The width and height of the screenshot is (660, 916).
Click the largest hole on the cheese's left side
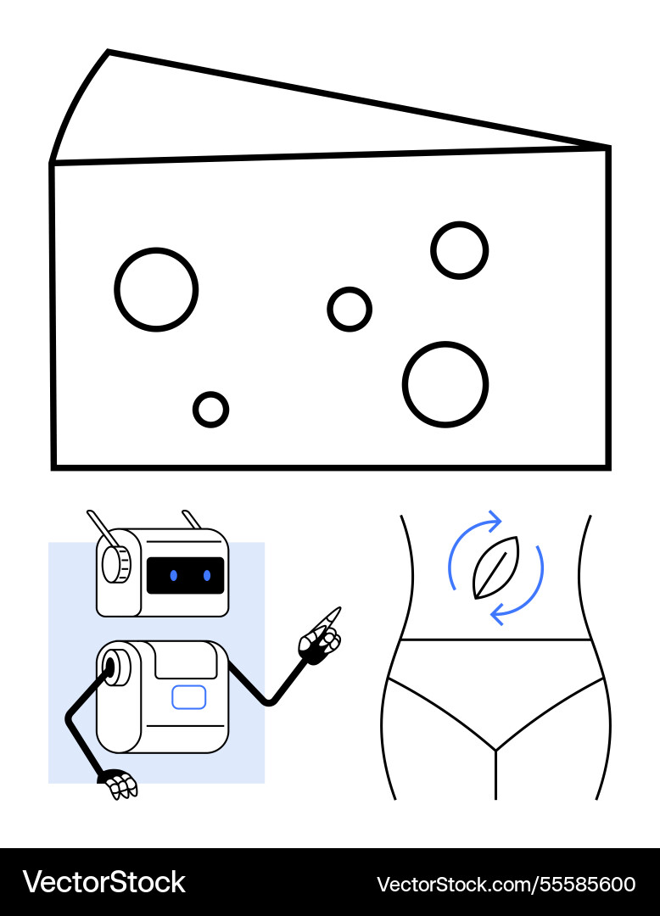coord(156,289)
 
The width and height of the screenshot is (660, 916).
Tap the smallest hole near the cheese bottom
coord(210,410)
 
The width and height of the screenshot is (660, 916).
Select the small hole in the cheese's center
coord(350,309)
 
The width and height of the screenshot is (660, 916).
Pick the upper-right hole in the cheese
coord(459,250)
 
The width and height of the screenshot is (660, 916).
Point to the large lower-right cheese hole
coord(445,384)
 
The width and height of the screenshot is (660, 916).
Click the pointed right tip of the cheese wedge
coord(604,149)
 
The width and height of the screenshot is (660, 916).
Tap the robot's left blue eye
coord(174,576)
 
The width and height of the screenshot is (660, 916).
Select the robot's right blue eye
coord(207,576)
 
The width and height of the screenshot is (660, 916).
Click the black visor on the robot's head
coord(185,576)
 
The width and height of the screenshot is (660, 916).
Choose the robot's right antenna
coord(193,520)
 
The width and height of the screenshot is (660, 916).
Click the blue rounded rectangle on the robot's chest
coord(188,697)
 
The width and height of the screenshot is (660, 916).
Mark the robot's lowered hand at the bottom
coord(120,784)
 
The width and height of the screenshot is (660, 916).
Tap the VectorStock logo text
coord(103,882)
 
